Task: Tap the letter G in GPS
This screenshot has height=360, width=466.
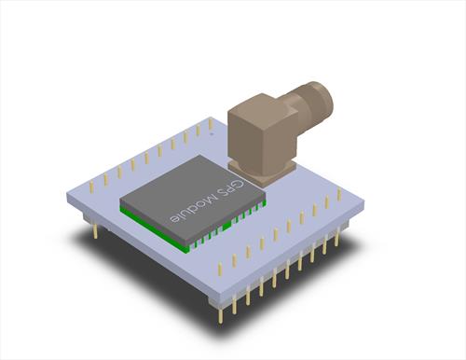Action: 240,185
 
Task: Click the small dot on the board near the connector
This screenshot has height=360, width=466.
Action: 212,134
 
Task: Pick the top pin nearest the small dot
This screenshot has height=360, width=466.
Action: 211,124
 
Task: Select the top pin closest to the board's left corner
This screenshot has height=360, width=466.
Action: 91,187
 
